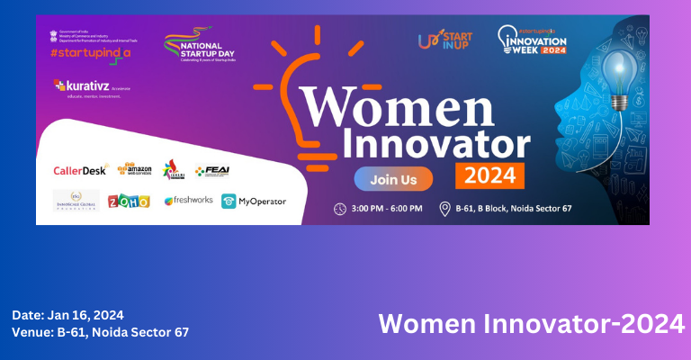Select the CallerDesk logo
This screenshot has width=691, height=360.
[80, 169]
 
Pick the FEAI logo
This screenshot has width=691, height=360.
[212, 169]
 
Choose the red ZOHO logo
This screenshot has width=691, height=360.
[129, 201]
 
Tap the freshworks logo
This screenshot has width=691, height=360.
[187, 201]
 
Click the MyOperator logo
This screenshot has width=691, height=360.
[254, 201]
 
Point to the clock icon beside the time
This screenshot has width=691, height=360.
[340, 209]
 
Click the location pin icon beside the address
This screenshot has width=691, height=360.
[444, 209]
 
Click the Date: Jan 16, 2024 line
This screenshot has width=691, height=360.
[67, 315]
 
